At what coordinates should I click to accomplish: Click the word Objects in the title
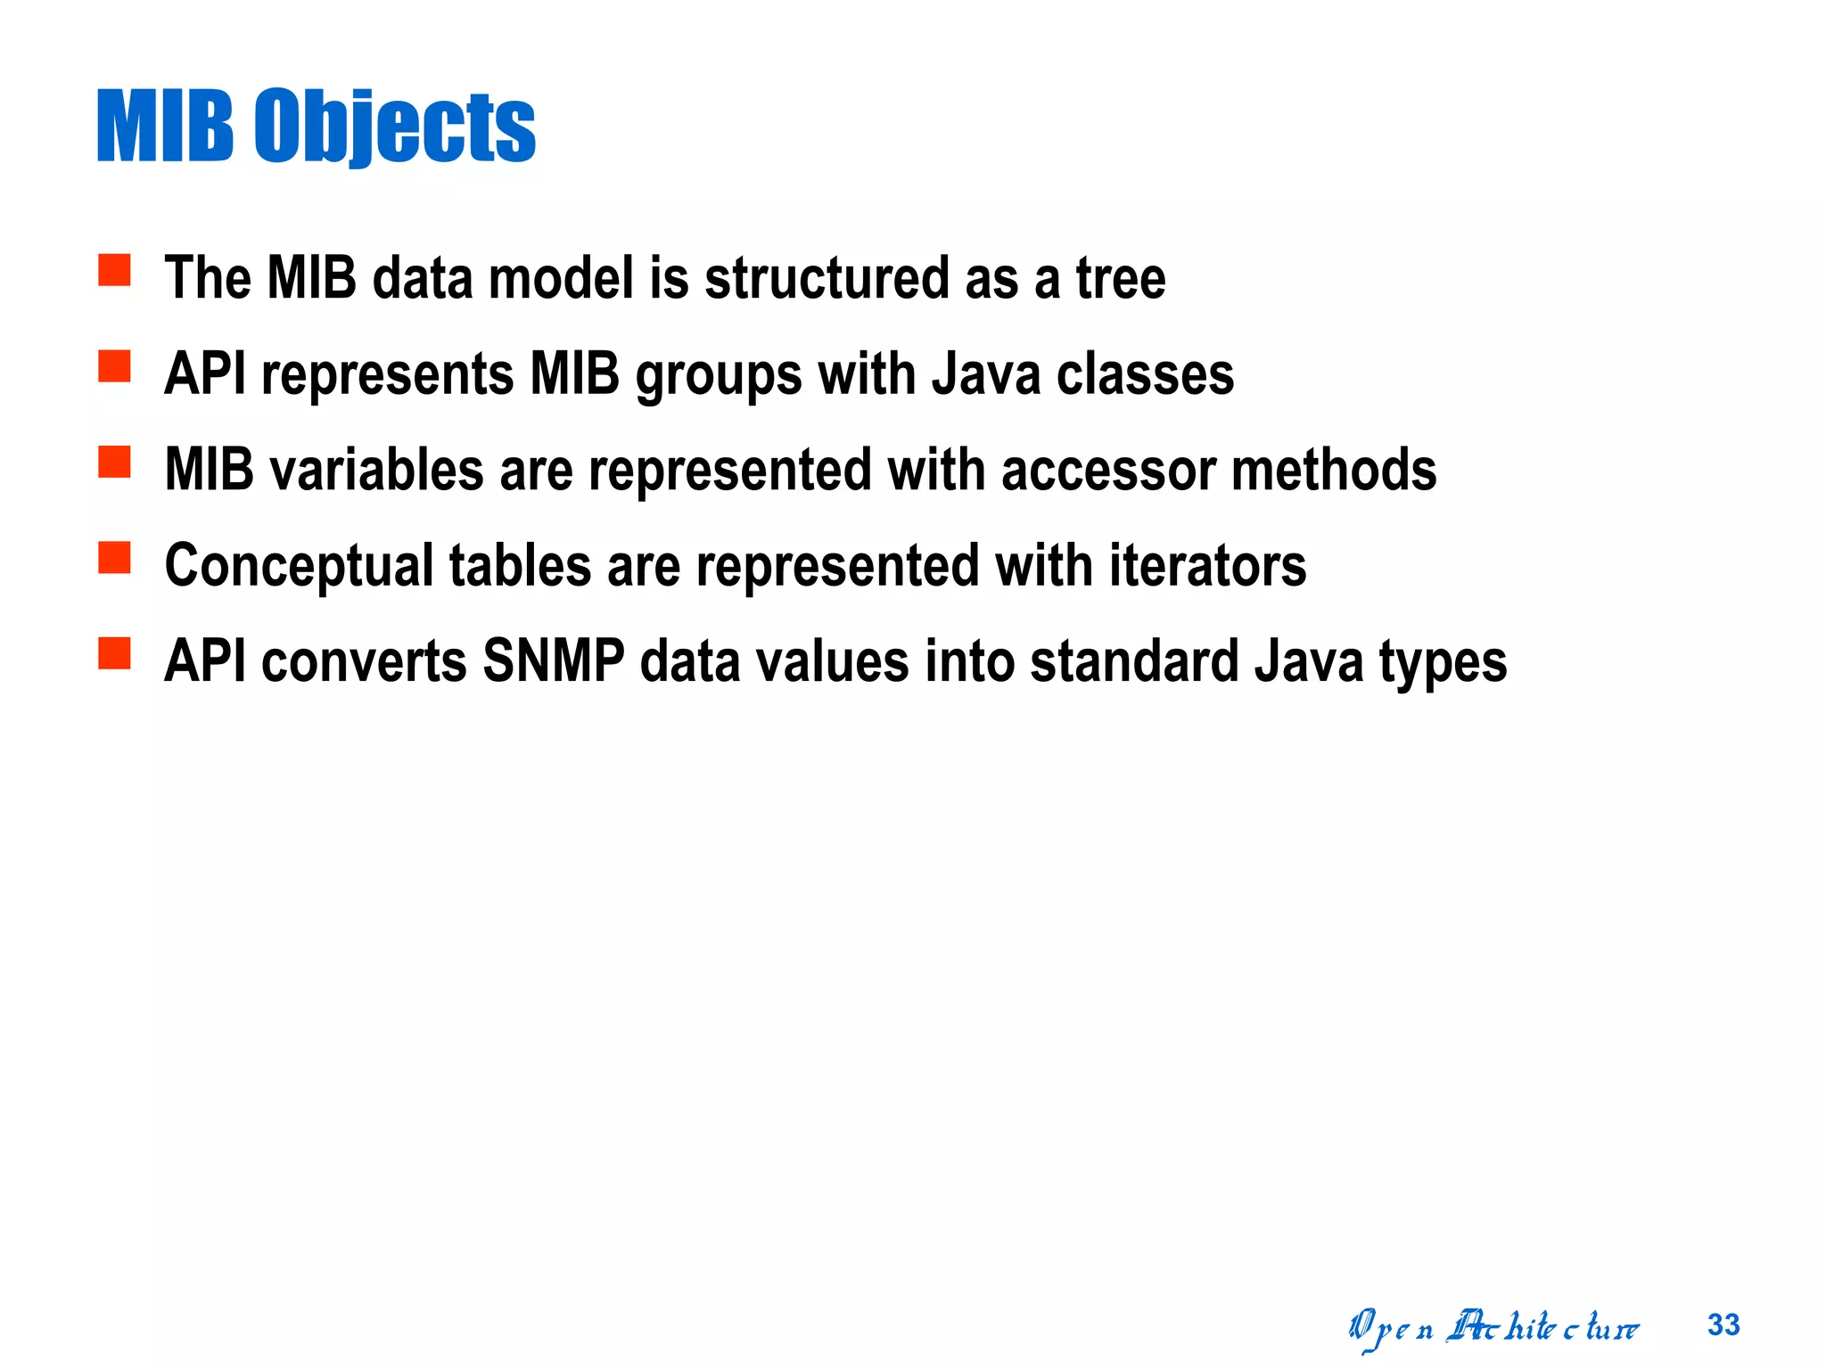[394, 127]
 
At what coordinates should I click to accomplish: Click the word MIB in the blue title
[165, 127]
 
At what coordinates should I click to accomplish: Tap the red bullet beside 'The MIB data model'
[114, 270]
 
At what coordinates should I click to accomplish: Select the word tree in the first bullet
[1121, 278]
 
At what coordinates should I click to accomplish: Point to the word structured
[827, 278]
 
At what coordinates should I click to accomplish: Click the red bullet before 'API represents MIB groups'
[114, 365]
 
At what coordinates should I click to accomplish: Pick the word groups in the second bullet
[719, 375]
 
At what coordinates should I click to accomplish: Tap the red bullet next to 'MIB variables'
[114, 462]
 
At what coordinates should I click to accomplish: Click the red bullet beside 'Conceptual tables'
[114, 558]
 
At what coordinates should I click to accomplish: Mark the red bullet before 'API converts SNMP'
[114, 653]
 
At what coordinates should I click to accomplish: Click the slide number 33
[1723, 1325]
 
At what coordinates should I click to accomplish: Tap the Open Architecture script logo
[1493, 1328]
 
